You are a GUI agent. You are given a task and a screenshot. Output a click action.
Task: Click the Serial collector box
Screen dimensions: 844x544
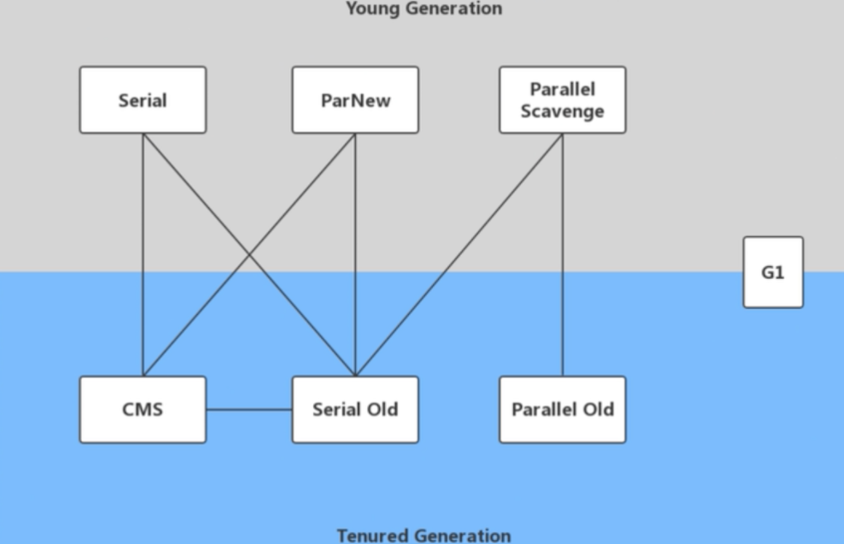point(143,100)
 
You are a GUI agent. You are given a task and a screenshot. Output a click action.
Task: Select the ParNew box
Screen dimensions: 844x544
point(355,100)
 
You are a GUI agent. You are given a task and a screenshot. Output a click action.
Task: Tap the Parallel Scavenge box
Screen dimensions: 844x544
point(563,100)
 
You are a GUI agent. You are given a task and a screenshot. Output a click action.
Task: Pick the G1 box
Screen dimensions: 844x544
point(773,272)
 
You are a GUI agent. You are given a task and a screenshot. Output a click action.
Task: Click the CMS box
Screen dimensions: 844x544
point(143,409)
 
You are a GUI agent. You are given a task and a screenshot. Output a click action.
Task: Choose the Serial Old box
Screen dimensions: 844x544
point(355,409)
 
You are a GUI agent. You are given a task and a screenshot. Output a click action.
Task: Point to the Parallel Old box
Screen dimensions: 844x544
point(563,409)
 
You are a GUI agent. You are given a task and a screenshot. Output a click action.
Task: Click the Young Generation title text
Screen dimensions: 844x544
point(424,8)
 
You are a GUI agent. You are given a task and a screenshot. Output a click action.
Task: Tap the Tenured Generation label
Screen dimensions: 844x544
point(424,535)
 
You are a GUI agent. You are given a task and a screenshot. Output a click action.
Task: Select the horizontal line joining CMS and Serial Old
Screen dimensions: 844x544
point(249,409)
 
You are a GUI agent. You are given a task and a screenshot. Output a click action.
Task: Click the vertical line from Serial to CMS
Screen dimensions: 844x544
point(144,255)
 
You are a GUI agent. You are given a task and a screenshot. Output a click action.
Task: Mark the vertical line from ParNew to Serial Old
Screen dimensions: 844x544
point(355,255)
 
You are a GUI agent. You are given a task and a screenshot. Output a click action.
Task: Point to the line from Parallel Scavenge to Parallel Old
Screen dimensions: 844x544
point(563,255)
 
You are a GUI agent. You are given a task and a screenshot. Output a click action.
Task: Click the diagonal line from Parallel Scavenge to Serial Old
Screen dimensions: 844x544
point(459,255)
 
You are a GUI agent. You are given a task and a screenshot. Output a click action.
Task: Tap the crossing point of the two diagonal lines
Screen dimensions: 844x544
point(249,255)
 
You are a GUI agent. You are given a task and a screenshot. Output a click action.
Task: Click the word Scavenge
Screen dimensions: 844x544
point(563,112)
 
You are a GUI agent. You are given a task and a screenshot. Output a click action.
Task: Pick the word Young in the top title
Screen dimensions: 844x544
point(373,8)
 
